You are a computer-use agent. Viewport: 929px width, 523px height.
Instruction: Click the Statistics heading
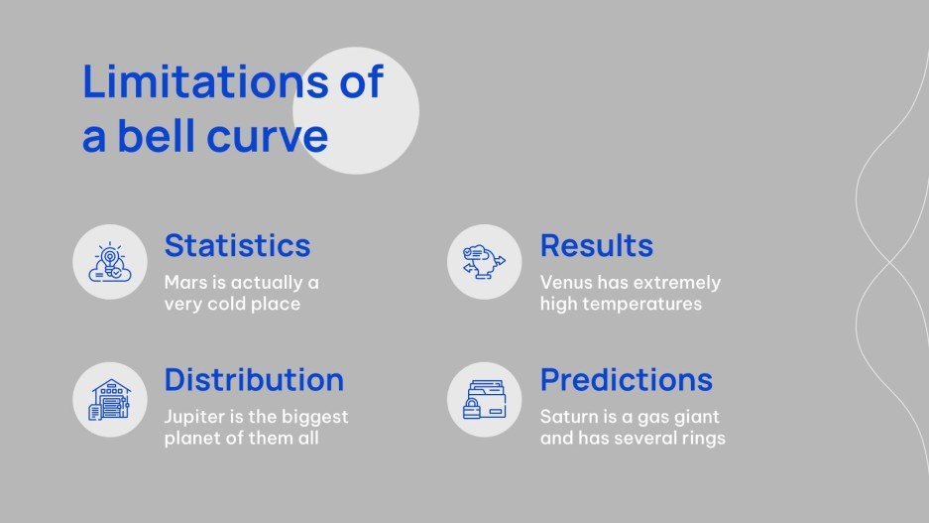237,245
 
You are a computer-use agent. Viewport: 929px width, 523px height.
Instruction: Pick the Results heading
596,245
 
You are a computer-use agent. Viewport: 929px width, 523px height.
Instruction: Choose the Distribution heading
254,380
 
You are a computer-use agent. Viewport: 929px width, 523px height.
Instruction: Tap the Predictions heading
626,380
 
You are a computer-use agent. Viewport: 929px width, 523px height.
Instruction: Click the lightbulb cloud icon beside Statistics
109,262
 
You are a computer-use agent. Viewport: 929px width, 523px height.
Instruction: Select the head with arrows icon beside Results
484,262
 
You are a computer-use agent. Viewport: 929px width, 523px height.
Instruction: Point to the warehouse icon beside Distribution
109,399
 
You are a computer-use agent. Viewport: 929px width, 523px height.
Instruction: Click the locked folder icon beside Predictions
484,399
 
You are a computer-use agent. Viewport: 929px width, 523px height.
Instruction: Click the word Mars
185,283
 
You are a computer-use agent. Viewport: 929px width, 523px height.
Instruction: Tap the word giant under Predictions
695,417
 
